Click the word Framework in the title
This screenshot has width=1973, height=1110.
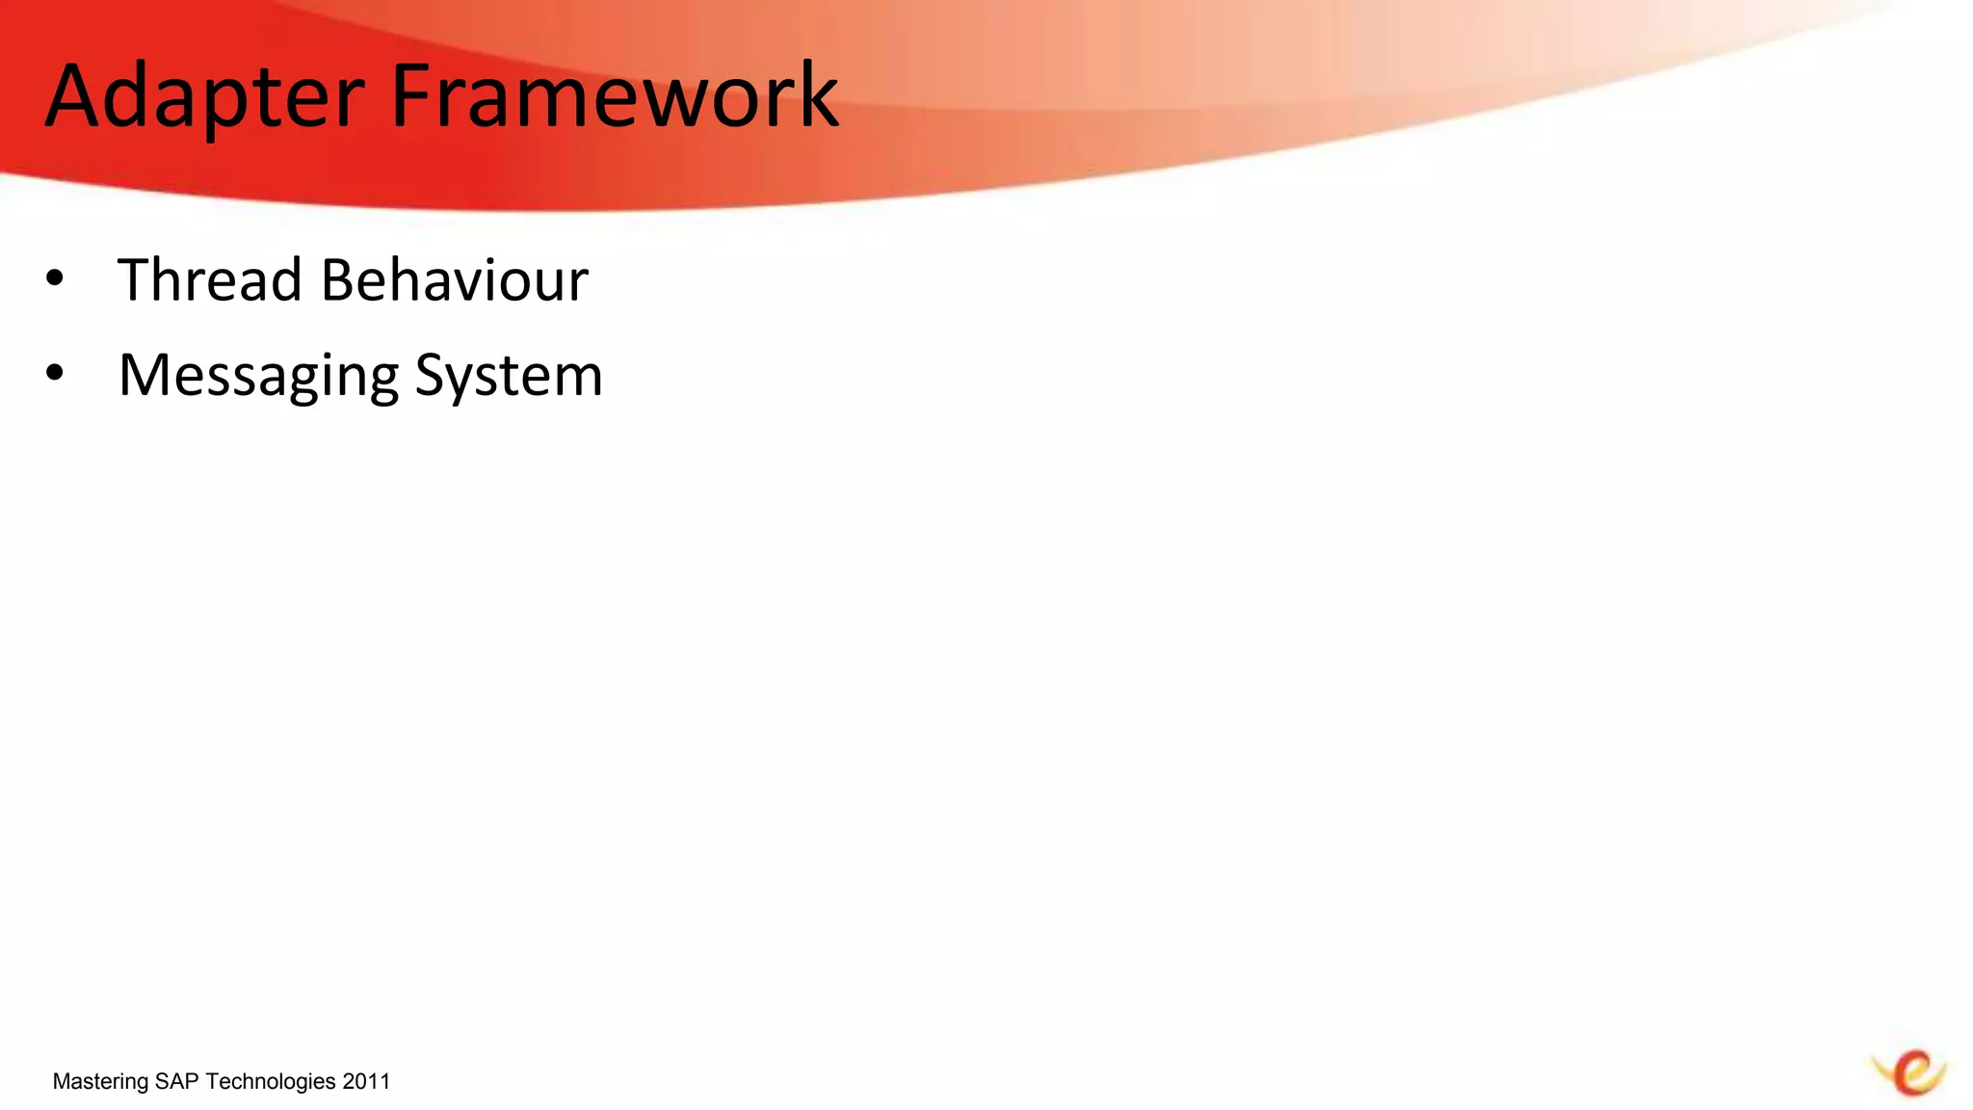click(x=615, y=96)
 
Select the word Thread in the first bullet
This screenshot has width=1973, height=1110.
click(x=210, y=280)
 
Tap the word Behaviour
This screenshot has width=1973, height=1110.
click(x=454, y=280)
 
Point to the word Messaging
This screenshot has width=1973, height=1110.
click(x=258, y=376)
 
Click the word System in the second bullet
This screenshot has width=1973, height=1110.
click(x=509, y=376)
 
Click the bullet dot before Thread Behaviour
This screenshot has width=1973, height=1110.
click(x=55, y=279)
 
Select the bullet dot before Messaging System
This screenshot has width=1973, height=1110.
click(x=55, y=373)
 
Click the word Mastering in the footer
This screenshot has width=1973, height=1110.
click(x=100, y=1082)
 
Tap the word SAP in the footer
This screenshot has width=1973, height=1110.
click(x=177, y=1081)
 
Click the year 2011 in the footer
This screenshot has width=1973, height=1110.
click(x=366, y=1081)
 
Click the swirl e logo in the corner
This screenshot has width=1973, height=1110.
click(x=1910, y=1072)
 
